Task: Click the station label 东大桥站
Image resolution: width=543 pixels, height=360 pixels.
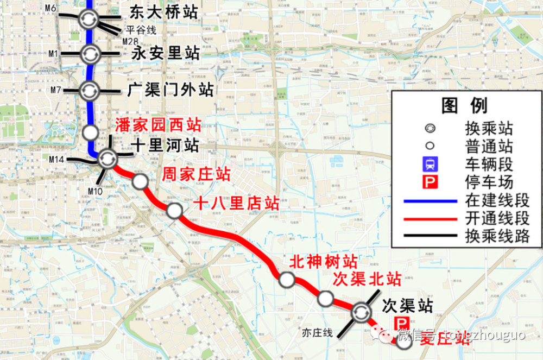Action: [163, 14]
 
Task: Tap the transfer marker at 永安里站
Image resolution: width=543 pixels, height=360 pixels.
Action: [90, 54]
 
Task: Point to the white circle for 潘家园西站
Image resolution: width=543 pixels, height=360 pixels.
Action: [90, 132]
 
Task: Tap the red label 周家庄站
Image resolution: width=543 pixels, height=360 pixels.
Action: [197, 175]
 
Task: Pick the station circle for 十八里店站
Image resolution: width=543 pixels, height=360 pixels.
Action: [174, 211]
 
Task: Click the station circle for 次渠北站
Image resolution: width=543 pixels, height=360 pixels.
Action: [325, 298]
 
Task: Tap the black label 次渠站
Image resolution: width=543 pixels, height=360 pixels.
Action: [407, 305]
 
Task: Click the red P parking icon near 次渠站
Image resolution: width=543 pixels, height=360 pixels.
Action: [405, 323]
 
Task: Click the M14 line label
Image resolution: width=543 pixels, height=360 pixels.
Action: [58, 159]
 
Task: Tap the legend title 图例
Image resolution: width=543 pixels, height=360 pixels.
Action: [464, 105]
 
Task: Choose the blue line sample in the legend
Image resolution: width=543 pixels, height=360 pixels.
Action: [430, 201]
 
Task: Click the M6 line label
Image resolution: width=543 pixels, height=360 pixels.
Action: [50, 8]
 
